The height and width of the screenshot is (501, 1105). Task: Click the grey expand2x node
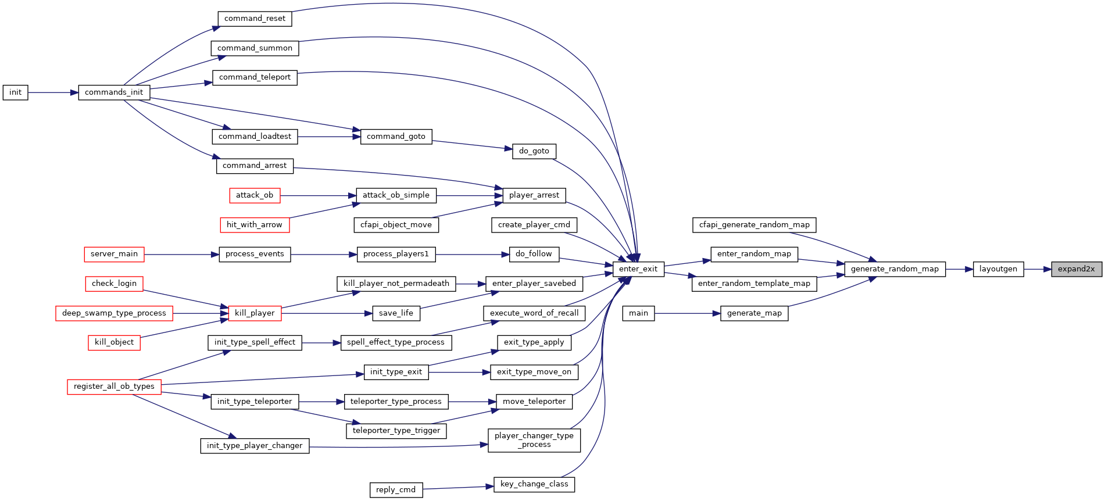pos(1077,269)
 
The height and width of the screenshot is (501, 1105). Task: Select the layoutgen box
pos(998,269)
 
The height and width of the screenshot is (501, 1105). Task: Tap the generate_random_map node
pos(895,269)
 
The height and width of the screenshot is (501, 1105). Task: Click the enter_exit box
pos(638,269)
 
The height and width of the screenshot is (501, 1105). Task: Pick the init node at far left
pos(15,92)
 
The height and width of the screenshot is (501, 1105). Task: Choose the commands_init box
pos(114,92)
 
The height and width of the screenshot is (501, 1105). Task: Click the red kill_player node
pos(255,313)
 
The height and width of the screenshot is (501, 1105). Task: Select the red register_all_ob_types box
pos(114,387)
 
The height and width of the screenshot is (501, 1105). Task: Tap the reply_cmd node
pos(396,490)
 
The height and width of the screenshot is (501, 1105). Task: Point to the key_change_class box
pos(534,484)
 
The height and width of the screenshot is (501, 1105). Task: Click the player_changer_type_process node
pos(534,440)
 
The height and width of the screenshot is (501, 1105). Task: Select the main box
pos(638,313)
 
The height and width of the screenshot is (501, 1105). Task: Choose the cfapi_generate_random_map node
pos(754,225)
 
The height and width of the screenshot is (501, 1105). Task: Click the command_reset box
pos(255,19)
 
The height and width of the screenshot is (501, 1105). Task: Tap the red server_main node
pos(114,254)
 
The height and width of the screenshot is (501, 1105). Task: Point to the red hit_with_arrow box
pos(255,225)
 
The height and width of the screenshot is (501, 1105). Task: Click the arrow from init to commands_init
pos(53,92)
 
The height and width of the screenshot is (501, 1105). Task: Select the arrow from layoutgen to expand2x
pos(1038,269)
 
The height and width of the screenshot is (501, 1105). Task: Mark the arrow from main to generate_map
pos(688,313)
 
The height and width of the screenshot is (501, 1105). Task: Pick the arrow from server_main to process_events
pos(181,254)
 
